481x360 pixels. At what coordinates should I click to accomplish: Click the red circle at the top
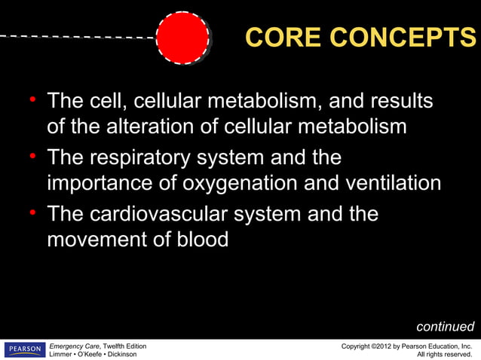182,37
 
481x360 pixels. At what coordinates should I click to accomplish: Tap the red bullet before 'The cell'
33,100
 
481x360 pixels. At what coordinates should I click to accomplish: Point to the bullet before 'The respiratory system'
33,157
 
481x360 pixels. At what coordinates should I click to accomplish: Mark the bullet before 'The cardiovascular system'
33,214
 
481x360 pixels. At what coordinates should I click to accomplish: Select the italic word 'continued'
445,327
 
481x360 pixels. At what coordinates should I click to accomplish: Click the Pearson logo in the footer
24,349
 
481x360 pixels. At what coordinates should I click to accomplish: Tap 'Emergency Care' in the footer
74,345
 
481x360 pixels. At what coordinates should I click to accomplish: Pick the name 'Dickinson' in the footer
116,354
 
